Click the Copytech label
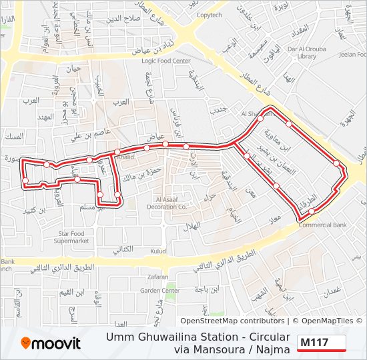point(209,15)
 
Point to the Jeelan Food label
point(353,55)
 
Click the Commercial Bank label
point(323,225)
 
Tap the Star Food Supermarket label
point(73,237)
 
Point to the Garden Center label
point(159,291)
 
